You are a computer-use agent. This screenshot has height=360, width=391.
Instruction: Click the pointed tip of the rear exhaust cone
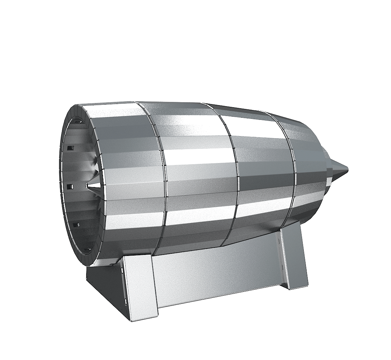pyautogui.click(x=348, y=170)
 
